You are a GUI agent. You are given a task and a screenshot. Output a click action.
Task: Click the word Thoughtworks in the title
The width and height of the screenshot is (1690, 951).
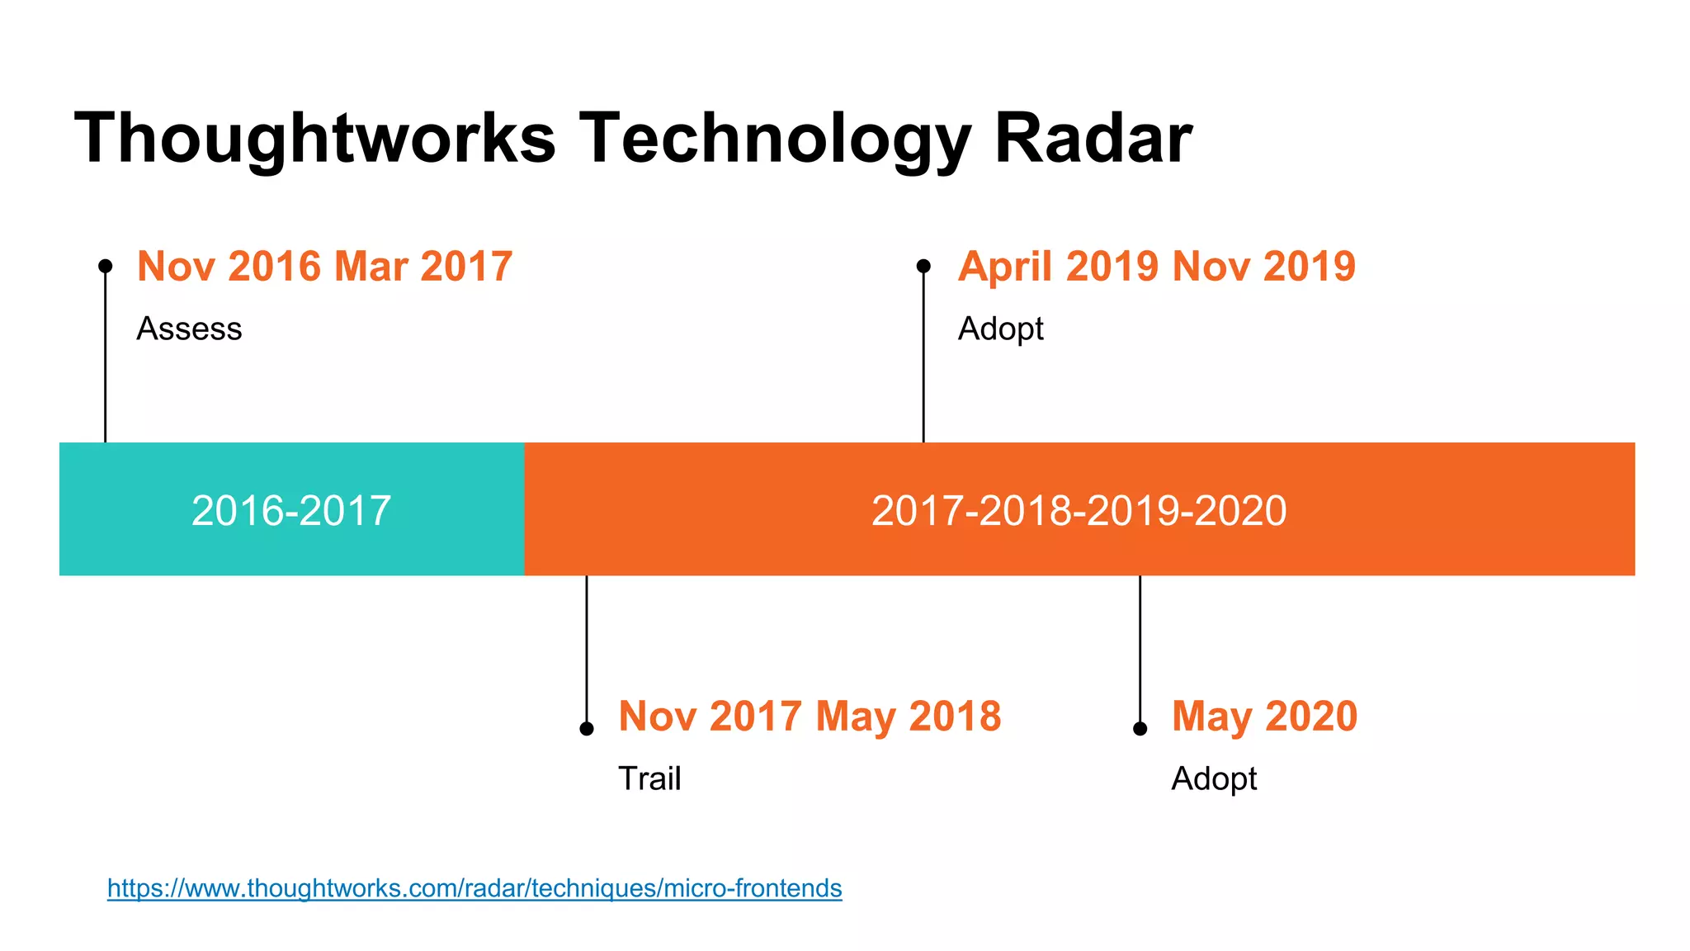pyautogui.click(x=315, y=139)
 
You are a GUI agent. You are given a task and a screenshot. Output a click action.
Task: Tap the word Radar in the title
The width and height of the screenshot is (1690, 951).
pyautogui.click(x=1093, y=139)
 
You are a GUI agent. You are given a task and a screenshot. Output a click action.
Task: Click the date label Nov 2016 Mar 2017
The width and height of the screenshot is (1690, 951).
pyautogui.click(x=324, y=267)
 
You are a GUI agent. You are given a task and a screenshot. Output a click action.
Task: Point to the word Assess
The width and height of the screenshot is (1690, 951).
pyautogui.click(x=189, y=329)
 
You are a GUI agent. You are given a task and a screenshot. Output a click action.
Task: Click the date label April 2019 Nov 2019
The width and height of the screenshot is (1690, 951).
pyautogui.click(x=1156, y=267)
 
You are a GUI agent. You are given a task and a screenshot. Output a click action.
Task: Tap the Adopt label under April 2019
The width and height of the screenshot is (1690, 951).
pyautogui.click(x=1000, y=329)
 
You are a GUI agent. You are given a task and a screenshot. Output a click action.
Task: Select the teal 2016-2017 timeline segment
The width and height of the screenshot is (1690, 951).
pyautogui.click(x=291, y=509)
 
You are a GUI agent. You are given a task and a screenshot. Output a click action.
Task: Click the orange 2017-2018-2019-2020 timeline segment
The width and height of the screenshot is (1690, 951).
pyautogui.click(x=1079, y=509)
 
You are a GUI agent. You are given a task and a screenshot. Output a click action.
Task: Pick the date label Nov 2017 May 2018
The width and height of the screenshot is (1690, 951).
pyautogui.click(x=810, y=716)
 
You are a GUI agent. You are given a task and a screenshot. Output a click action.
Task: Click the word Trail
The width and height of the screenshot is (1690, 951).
pyautogui.click(x=649, y=778)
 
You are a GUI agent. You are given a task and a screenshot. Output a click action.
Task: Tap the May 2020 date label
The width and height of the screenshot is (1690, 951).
pyautogui.click(x=1264, y=716)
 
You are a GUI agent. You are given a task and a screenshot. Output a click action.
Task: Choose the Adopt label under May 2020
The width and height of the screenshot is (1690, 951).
pyautogui.click(x=1214, y=778)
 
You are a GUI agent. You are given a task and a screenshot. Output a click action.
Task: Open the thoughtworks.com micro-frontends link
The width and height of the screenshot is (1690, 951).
pyautogui.click(x=474, y=888)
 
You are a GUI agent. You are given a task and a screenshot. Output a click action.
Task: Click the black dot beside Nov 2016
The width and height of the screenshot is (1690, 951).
pyautogui.click(x=106, y=266)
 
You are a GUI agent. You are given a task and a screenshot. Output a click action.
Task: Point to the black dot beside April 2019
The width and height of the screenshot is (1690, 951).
pyautogui.click(x=923, y=266)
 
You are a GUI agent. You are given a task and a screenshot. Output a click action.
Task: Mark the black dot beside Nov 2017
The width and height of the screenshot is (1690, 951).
pyautogui.click(x=587, y=728)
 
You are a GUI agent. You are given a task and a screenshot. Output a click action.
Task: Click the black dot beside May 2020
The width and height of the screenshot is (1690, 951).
pyautogui.click(x=1140, y=728)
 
